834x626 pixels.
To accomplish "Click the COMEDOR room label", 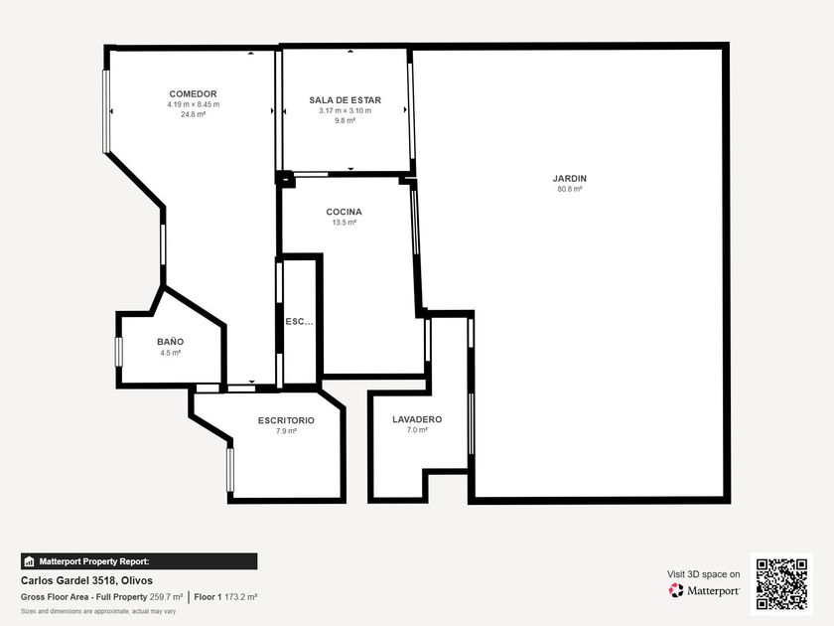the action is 193,94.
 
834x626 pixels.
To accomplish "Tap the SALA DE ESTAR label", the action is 346,100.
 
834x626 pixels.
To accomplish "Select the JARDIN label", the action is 570,179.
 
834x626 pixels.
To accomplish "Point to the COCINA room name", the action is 345,212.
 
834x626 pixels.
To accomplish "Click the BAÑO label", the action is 170,342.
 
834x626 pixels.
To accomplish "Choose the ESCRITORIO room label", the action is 286,420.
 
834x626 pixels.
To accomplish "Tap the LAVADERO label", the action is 417,419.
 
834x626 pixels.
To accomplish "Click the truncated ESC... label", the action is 299,322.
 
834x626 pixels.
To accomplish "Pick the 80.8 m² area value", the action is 570,189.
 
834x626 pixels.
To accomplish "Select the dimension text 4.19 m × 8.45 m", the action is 193,104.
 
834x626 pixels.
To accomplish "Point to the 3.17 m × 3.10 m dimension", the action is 346,110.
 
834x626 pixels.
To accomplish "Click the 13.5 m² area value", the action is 345,222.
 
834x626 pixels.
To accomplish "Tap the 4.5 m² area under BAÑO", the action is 170,353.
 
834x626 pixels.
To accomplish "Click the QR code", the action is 782,584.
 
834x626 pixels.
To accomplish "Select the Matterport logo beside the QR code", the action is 704,590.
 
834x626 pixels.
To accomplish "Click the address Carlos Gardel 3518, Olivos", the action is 86,580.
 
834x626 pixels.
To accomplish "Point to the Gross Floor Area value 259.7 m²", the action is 166,597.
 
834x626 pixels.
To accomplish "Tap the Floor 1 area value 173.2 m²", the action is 241,597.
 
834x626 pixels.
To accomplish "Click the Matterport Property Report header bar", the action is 139,561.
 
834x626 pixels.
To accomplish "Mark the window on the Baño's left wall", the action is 119,352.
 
